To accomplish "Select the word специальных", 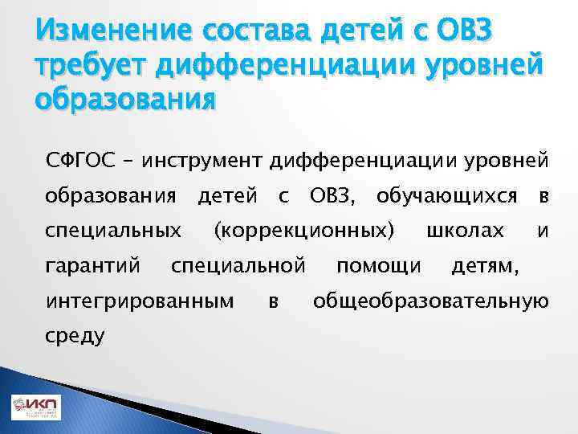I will point(112,231).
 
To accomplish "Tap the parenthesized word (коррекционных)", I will point(303,231).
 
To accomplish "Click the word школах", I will point(465,231).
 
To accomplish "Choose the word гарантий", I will point(94,265).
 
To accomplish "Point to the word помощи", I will point(378,265).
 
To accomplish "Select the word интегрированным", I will point(140,301).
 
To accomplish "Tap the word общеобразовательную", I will point(431,301).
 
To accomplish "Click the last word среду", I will point(75,335).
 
